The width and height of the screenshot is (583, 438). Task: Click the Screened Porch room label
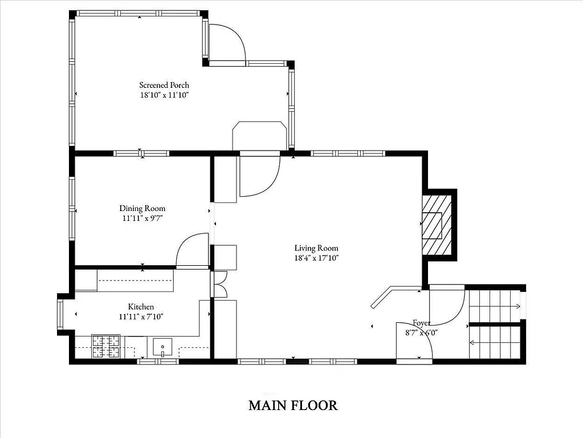164,85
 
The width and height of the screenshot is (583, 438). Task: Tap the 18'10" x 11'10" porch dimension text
164,95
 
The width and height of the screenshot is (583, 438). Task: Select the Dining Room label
142,208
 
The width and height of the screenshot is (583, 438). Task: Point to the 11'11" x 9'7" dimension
142,218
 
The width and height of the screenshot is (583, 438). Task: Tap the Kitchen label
141,307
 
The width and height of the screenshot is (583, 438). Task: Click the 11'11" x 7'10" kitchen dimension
141,317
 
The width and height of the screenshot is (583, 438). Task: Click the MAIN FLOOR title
293,405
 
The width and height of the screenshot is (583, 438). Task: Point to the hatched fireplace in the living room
437,225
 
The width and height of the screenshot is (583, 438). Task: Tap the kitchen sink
163,346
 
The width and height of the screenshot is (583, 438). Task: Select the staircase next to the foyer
494,323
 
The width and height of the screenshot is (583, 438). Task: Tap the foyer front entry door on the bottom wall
414,342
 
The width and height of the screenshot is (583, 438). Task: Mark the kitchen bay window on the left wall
60,314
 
